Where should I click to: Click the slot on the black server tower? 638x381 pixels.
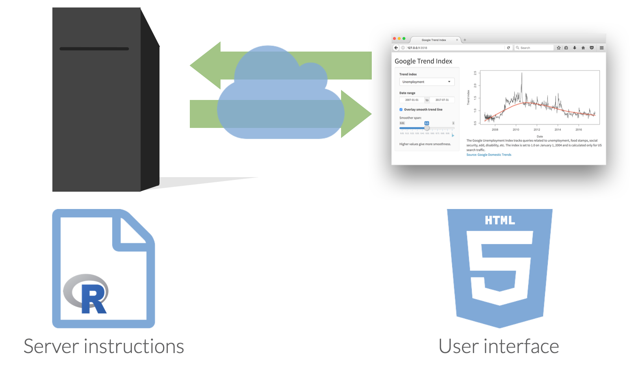click(x=94, y=49)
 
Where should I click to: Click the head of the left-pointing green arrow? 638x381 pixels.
click(x=205, y=65)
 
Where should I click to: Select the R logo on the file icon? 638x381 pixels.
click(x=87, y=294)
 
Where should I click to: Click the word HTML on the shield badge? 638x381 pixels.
click(x=500, y=220)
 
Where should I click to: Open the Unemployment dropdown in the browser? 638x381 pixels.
click(x=427, y=82)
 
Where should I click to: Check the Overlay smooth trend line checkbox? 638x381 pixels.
click(x=401, y=110)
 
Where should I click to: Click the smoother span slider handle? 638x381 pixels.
click(x=427, y=128)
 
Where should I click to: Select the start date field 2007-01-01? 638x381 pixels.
click(x=412, y=100)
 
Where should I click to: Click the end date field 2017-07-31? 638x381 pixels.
click(x=442, y=100)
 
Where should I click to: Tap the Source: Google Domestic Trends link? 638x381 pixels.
click(x=489, y=155)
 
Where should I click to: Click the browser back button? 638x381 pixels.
click(x=396, y=48)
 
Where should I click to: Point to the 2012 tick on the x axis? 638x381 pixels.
click(x=537, y=129)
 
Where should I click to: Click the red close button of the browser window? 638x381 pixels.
click(x=394, y=39)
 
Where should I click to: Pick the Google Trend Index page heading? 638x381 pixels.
click(x=423, y=61)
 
